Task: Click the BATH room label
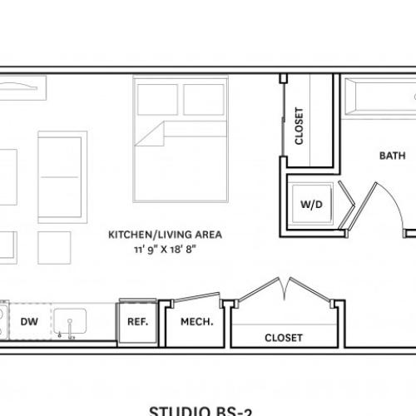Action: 392,155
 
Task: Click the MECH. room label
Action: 196,322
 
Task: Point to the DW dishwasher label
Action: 28,322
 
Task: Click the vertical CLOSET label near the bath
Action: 300,126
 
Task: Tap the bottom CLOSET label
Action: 283,338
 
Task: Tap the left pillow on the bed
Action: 157,99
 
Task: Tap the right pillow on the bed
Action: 204,99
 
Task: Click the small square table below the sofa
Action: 54,246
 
